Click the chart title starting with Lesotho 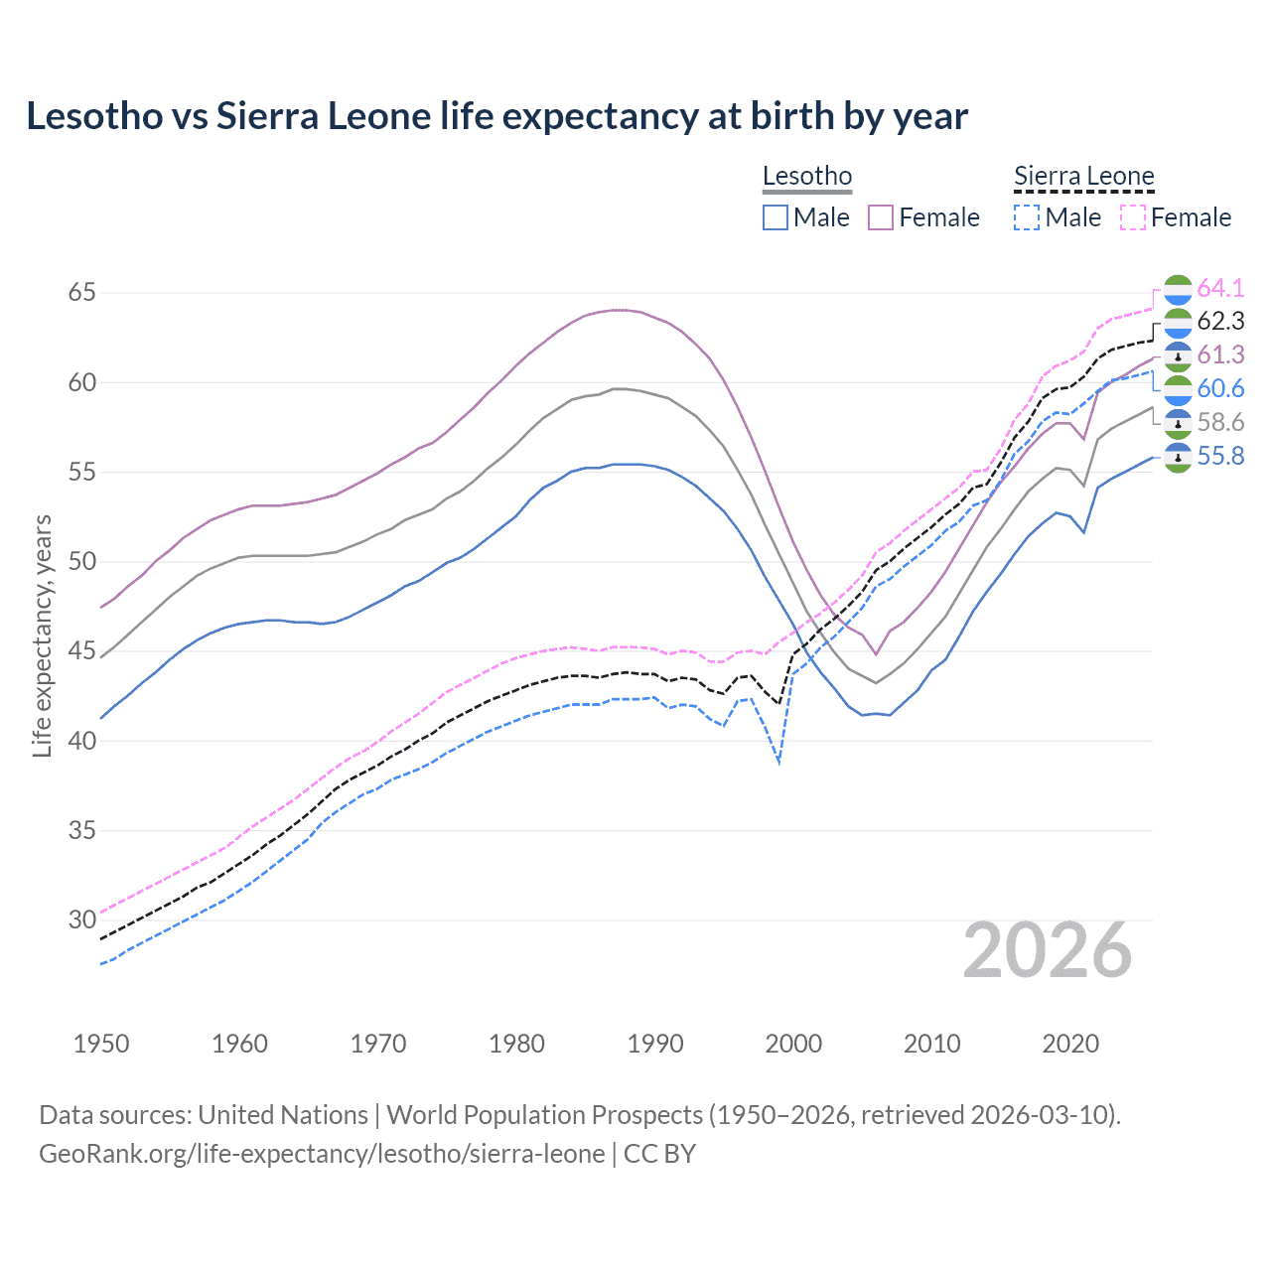pos(496,116)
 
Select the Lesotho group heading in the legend pos(806,177)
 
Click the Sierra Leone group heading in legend pos(1083,177)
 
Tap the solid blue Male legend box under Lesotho pos(776,217)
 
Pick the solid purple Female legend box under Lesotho pos(881,217)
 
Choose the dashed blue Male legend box pos(1027,217)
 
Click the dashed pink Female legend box pos(1133,217)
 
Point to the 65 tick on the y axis pos(81,293)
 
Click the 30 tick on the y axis pos(81,919)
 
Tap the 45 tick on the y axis pos(81,651)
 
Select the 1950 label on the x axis pos(101,1044)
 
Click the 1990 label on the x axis pos(655,1044)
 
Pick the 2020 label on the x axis pos(1070,1044)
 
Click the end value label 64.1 pos(1220,288)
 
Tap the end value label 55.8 pos(1220,456)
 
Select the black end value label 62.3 pos(1220,321)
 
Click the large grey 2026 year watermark pos(1047,950)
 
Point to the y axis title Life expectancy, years pos(42,635)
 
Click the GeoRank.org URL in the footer pos(322,1154)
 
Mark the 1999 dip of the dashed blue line pos(779,763)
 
